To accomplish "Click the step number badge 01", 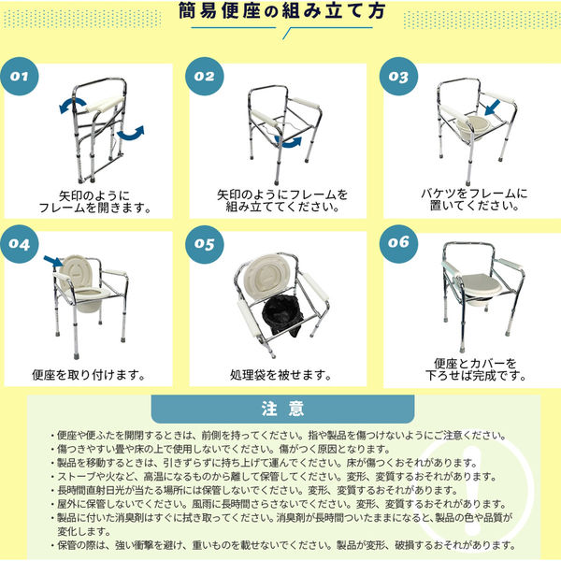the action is (x=20, y=77).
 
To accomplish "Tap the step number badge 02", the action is (x=205, y=77).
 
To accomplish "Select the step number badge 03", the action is (x=398, y=77).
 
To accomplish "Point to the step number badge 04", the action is (x=20, y=244).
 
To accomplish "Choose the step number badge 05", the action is (x=205, y=244).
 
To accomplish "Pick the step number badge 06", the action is (x=398, y=244).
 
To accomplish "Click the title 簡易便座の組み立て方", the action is (x=282, y=10).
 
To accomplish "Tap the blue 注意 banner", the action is (x=282, y=409).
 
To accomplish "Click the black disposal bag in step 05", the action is (x=282, y=315).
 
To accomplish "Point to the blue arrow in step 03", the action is (x=493, y=108).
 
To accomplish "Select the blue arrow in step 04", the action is (x=53, y=262).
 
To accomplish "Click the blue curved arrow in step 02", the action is (x=288, y=141).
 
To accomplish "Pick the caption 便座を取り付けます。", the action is (x=89, y=375).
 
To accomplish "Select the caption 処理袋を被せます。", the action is (x=280, y=375).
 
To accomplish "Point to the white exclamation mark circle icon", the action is (x=474, y=488).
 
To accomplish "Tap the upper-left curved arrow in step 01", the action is (x=73, y=105).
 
